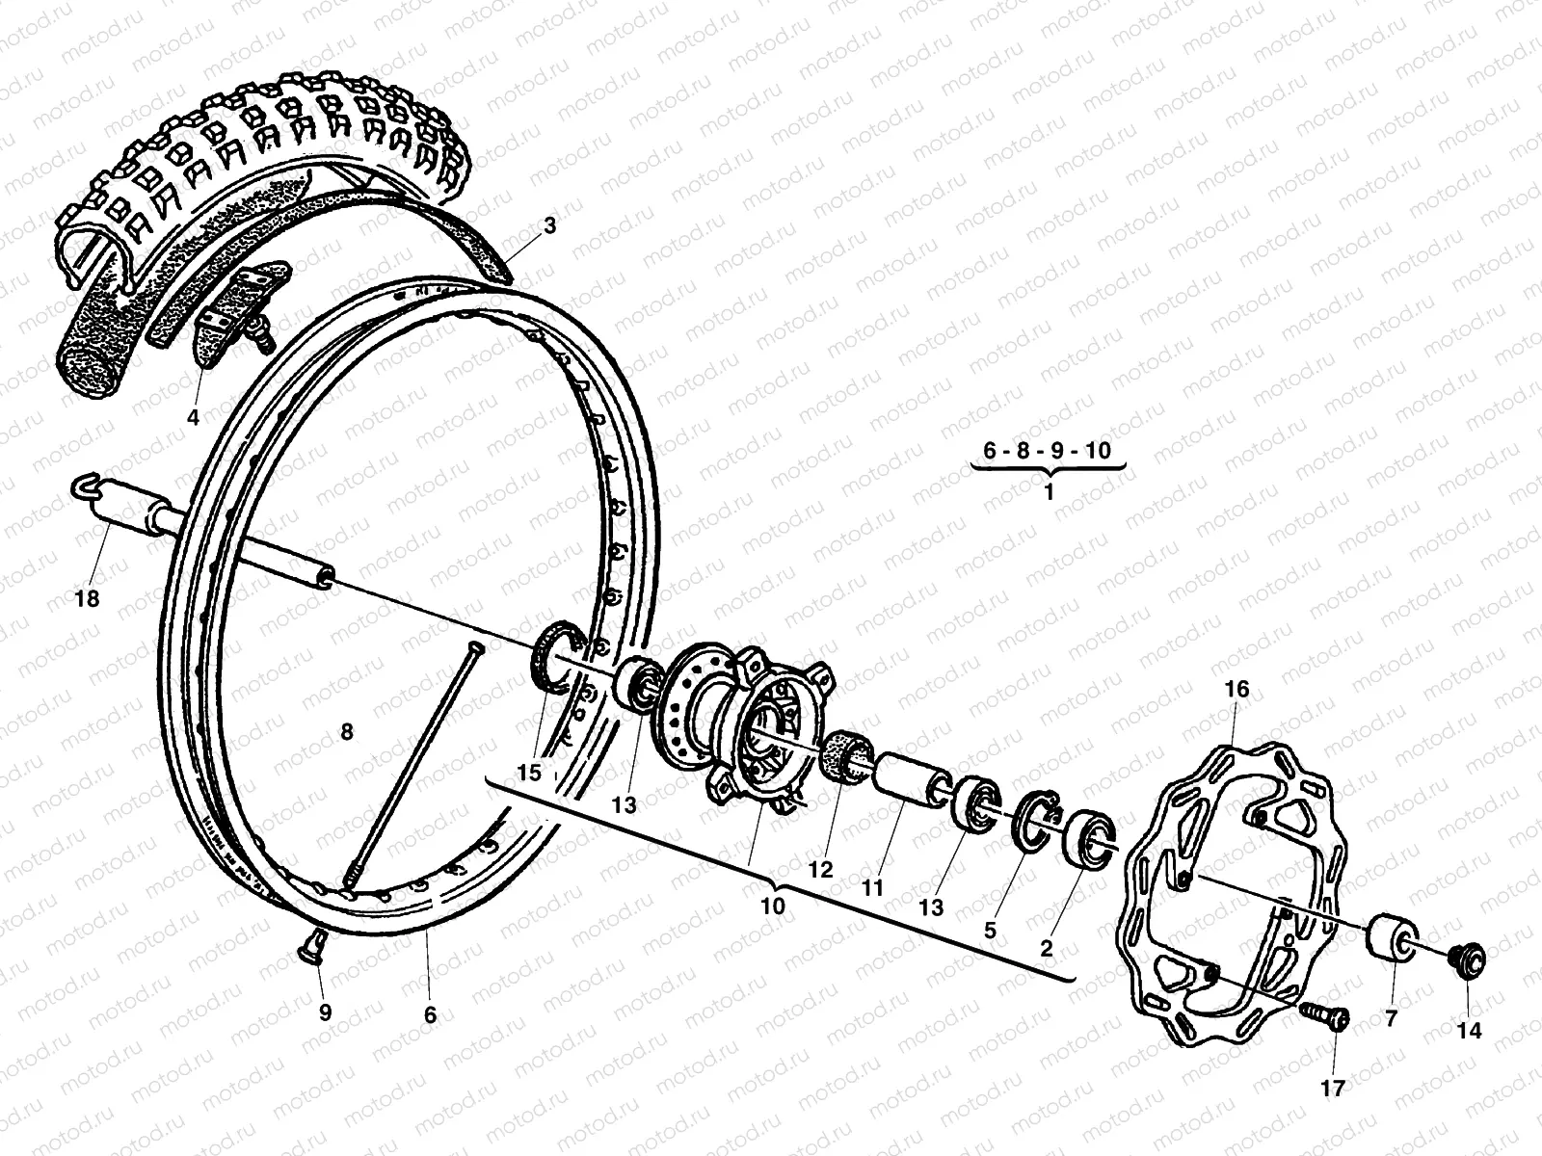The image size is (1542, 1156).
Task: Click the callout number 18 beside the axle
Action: (87, 600)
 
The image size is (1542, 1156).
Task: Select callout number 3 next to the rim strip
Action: (549, 226)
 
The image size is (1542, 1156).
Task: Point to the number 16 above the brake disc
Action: (1236, 689)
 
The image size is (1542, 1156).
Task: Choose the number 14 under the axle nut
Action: (1469, 1030)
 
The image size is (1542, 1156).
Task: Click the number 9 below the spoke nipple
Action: (325, 1012)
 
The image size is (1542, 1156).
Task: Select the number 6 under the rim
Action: (430, 1013)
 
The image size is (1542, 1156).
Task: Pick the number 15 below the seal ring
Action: (529, 773)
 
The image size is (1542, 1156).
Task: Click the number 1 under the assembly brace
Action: (1049, 490)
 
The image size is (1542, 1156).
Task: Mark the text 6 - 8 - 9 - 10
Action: (1048, 450)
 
